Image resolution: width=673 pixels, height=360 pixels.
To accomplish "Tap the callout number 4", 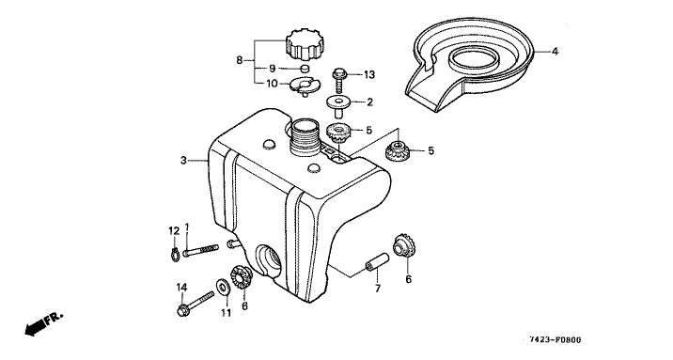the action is tap(555, 52).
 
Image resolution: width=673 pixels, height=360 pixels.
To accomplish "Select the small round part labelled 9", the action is tap(304, 68).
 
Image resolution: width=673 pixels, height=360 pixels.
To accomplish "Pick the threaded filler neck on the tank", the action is tap(305, 137).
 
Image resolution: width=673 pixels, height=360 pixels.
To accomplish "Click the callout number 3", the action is tap(183, 161).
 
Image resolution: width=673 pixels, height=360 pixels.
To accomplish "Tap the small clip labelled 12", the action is tap(174, 254).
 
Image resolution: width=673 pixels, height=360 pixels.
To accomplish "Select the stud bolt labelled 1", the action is tap(200, 251).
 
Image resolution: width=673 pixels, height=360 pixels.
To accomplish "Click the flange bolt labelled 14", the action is tap(196, 303).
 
